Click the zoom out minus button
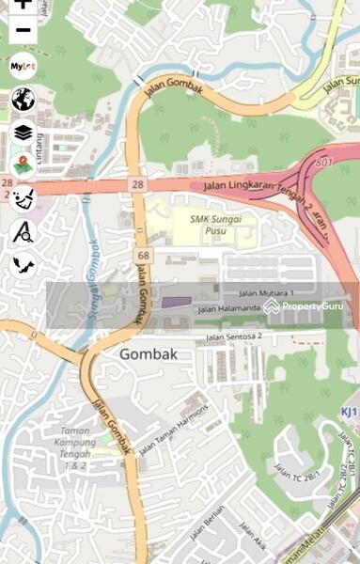pos(23,30)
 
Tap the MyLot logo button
pos(23,67)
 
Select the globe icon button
pos(23,99)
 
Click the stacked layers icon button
pos(23,132)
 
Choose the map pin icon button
pos(23,164)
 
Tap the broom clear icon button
pos(23,197)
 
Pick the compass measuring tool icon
pos(23,231)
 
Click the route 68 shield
pos(143,256)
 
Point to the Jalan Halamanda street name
pos(228,307)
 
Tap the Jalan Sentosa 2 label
pos(234,336)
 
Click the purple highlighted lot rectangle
pos(176,303)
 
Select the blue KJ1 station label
pos(349,413)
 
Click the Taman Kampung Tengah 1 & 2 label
pos(68,448)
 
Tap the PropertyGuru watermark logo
pos(302,306)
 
